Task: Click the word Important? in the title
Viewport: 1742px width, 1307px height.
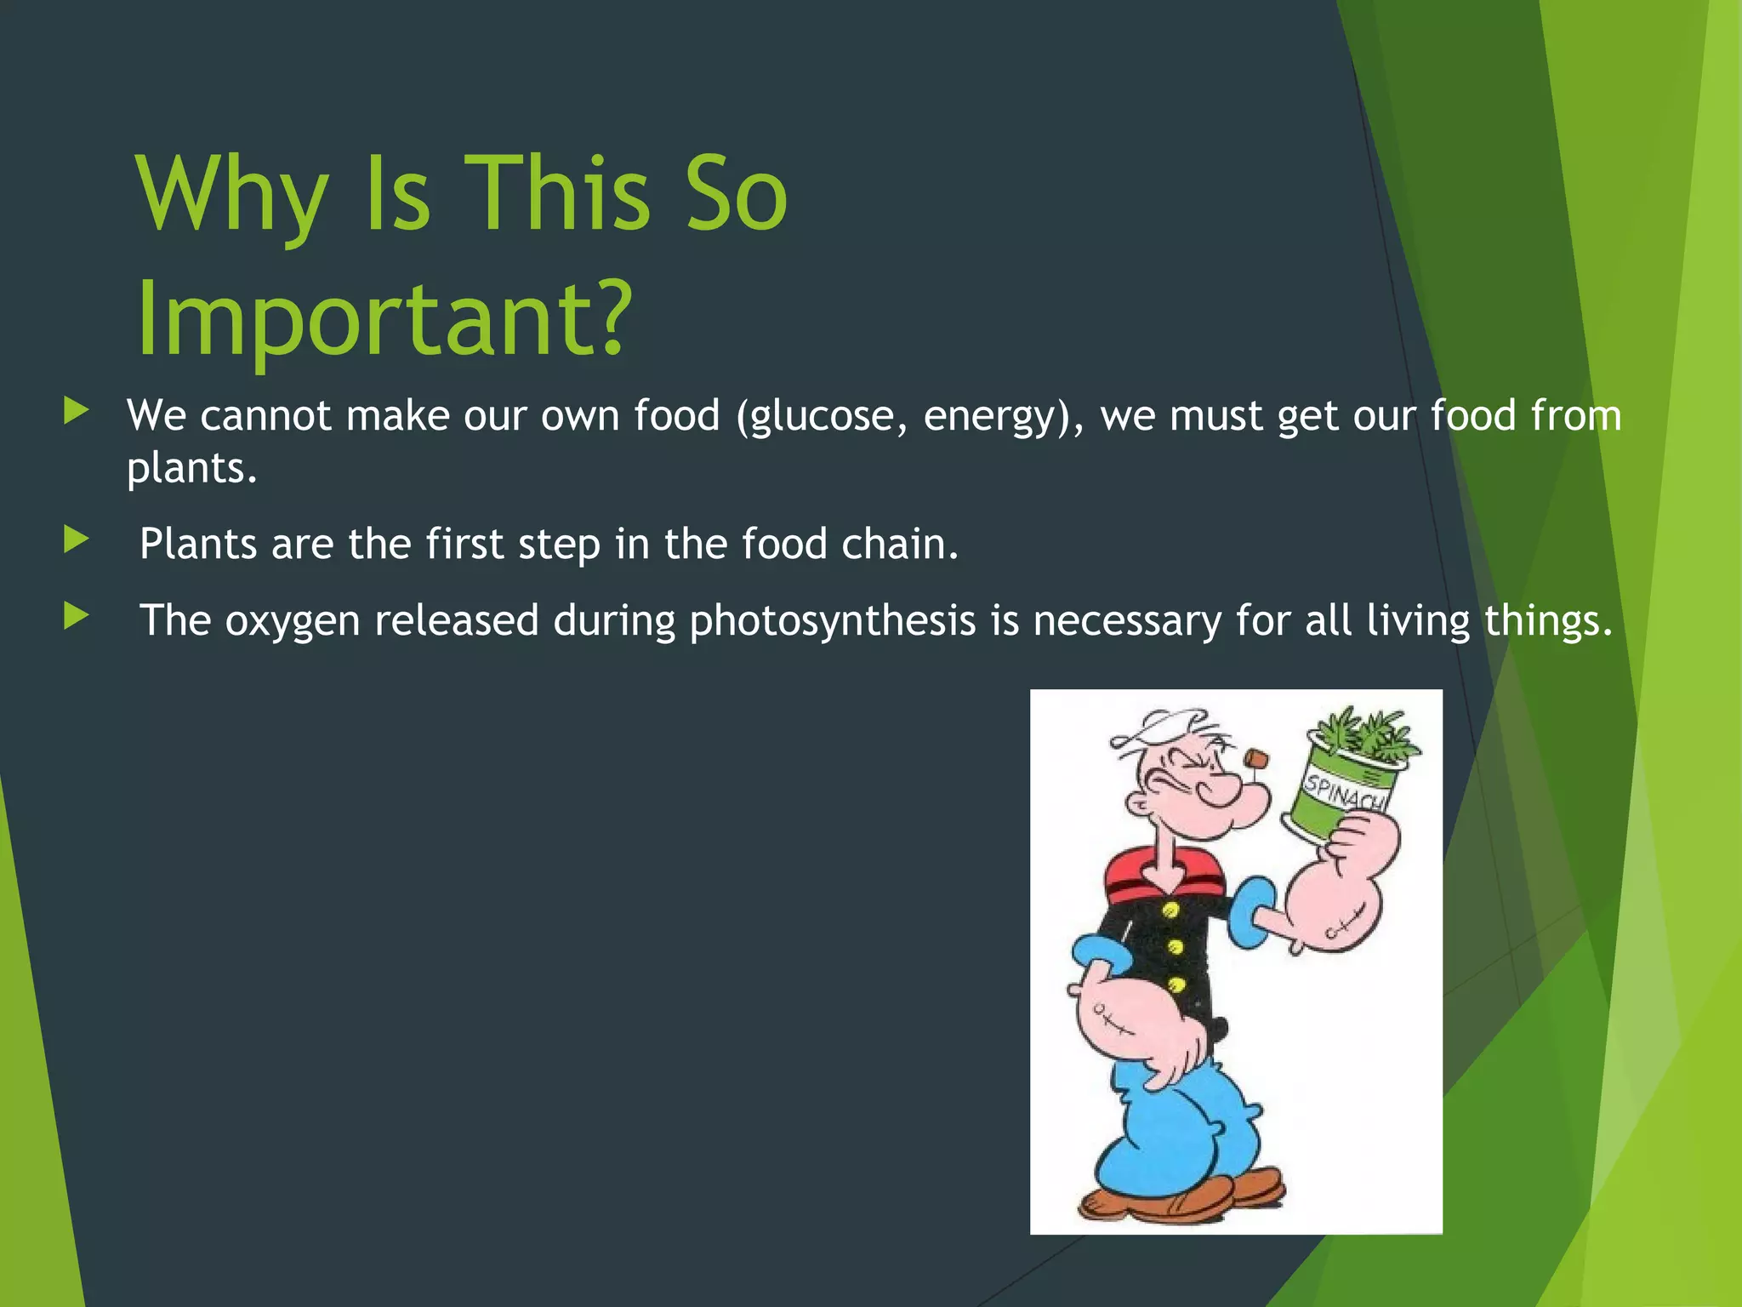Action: [x=384, y=319]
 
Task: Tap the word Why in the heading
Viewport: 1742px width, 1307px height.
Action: [x=231, y=196]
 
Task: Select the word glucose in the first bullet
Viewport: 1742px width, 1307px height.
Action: [x=822, y=417]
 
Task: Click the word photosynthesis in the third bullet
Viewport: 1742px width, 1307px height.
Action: [x=832, y=621]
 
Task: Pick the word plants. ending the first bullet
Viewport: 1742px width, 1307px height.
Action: [x=191, y=468]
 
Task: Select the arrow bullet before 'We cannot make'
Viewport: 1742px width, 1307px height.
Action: [x=76, y=412]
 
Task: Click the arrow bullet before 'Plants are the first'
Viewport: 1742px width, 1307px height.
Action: [x=76, y=539]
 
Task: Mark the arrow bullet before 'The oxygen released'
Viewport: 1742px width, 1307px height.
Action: [x=76, y=616]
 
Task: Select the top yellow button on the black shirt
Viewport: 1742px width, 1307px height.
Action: [x=1170, y=911]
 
